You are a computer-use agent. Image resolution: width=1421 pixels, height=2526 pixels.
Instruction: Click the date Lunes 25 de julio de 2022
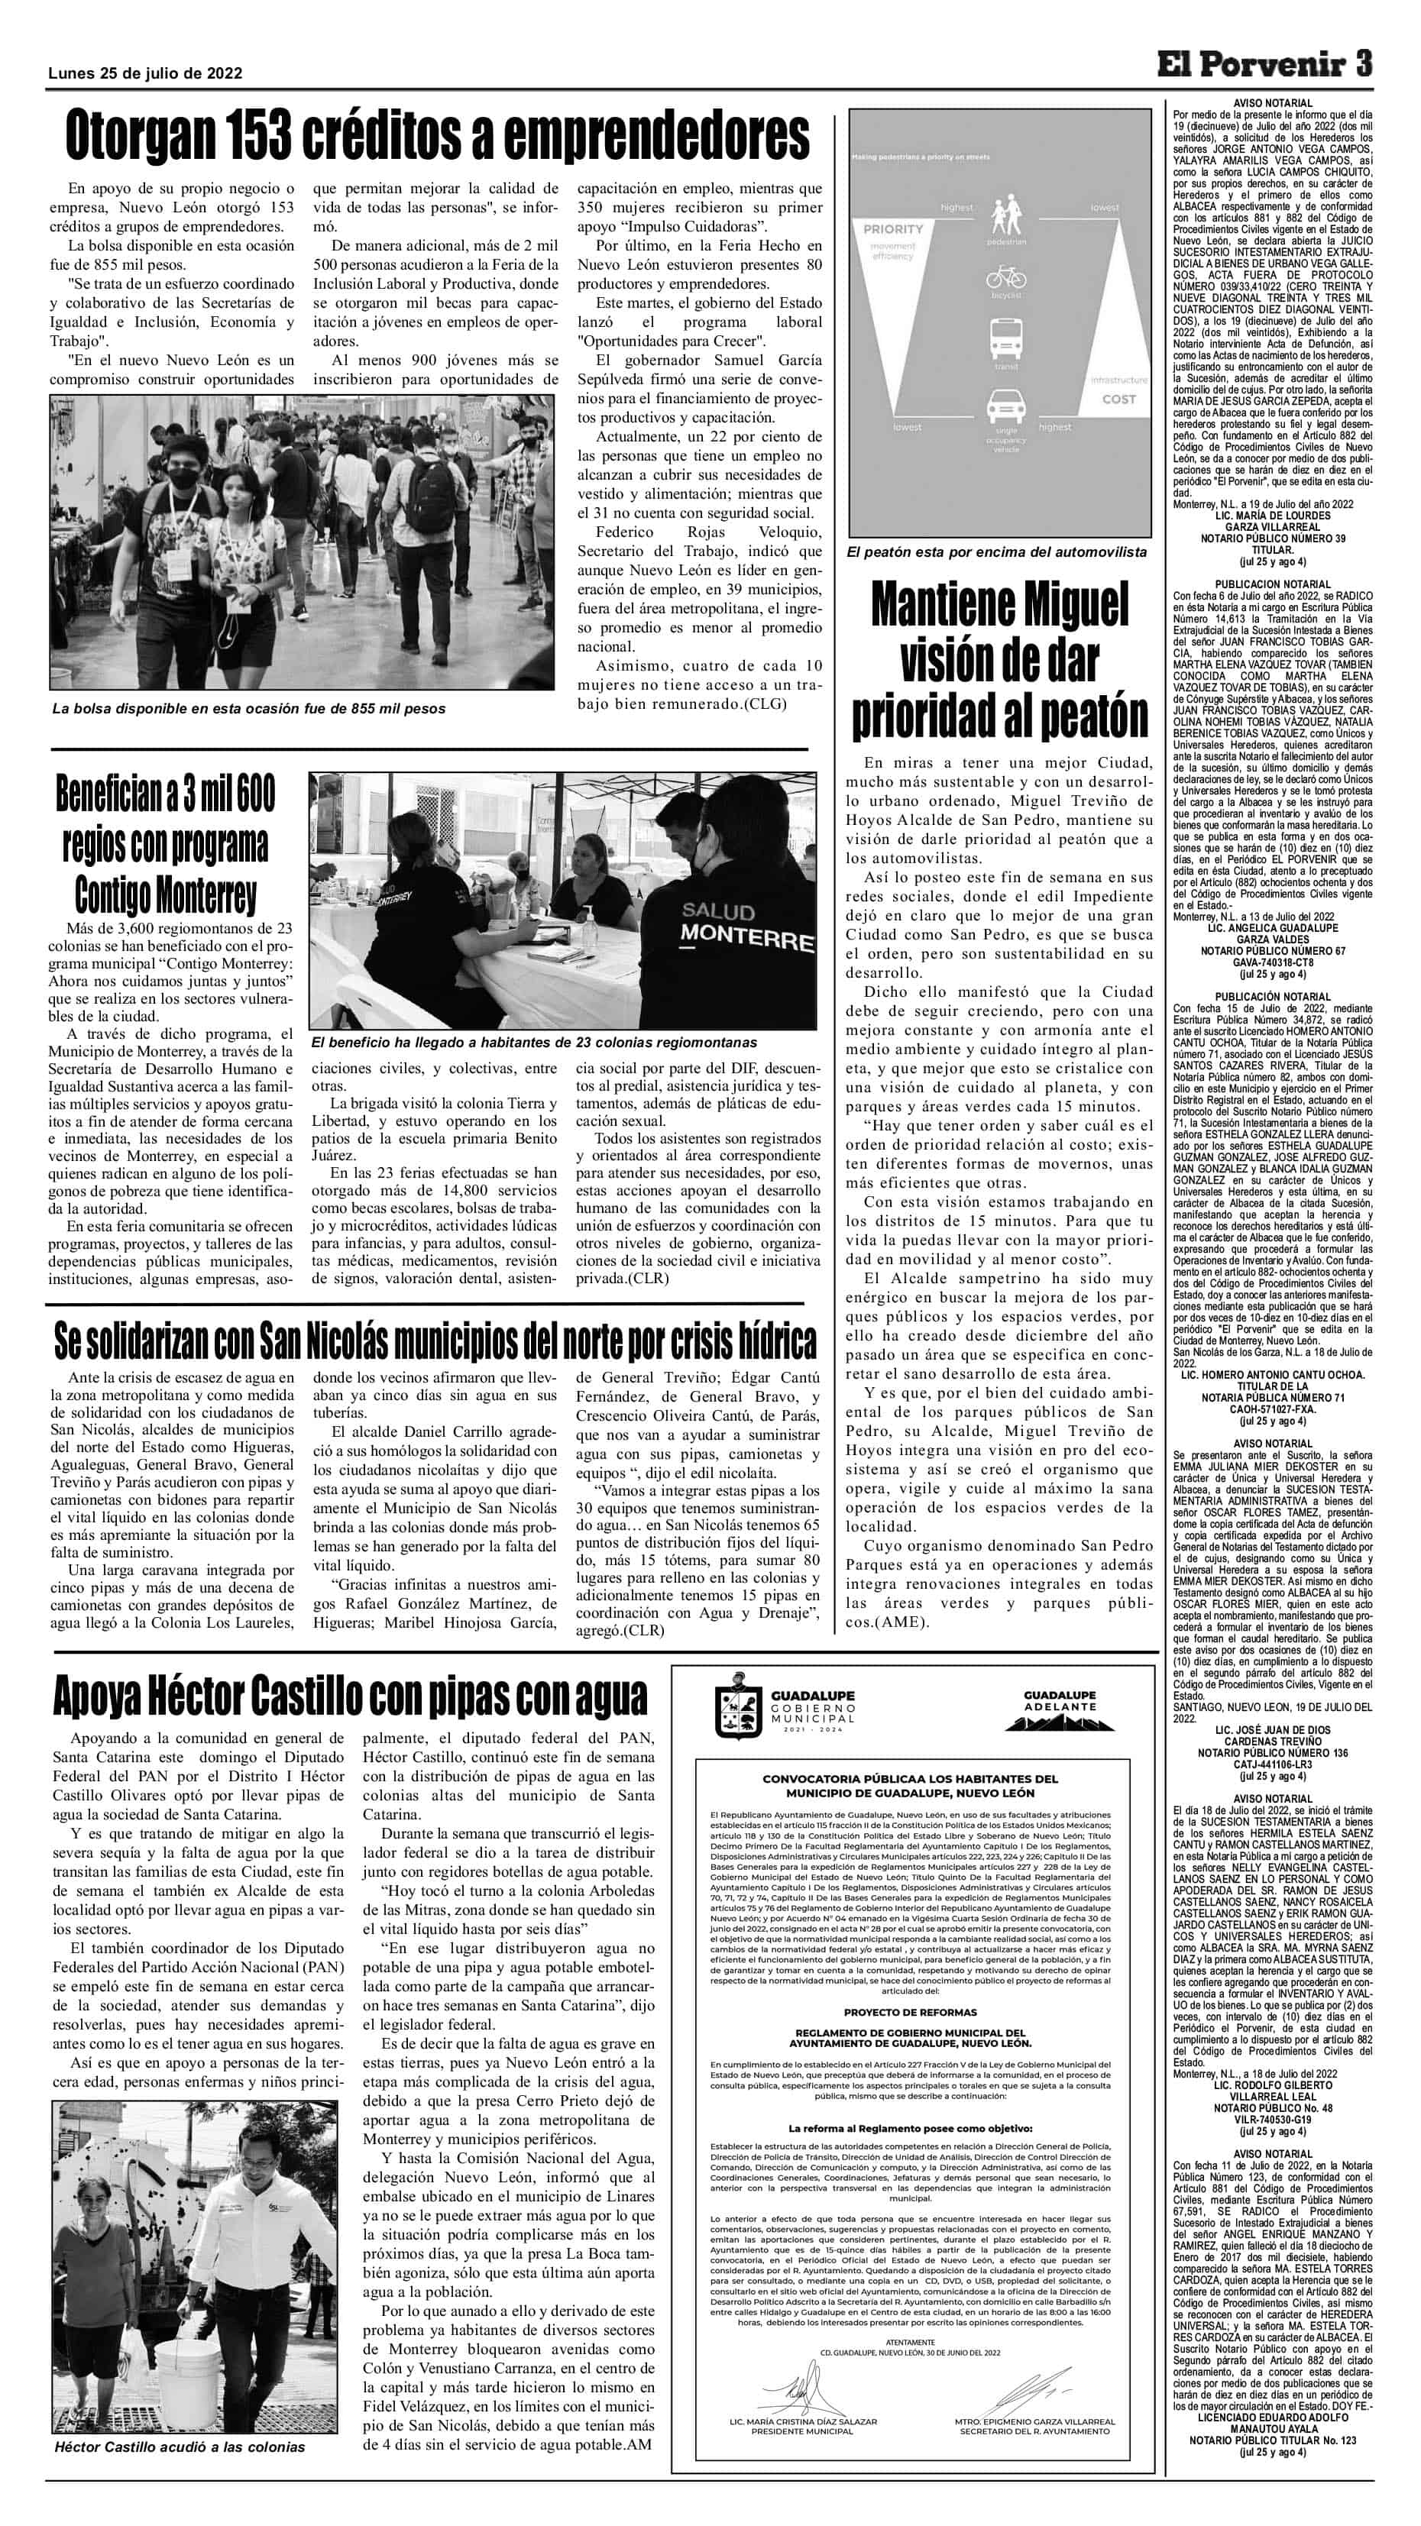point(146,73)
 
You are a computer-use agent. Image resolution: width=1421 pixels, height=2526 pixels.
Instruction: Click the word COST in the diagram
point(1118,399)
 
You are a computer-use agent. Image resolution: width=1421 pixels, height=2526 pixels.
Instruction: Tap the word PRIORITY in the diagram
point(893,228)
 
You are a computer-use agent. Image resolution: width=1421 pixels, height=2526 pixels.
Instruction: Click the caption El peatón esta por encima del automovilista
point(996,552)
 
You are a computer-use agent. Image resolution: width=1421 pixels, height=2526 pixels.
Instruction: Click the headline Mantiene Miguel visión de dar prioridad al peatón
point(999,659)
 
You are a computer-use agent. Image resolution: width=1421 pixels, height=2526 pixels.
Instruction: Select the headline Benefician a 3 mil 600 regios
point(166,844)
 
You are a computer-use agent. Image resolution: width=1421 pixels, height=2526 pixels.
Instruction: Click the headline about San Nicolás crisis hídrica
point(435,1340)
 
